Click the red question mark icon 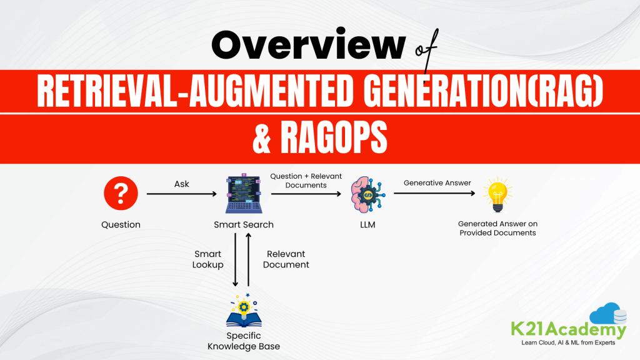121,194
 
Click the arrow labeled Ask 181,194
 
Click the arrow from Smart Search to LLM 306,194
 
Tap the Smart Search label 244,225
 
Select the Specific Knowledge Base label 244,341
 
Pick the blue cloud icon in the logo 601,313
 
